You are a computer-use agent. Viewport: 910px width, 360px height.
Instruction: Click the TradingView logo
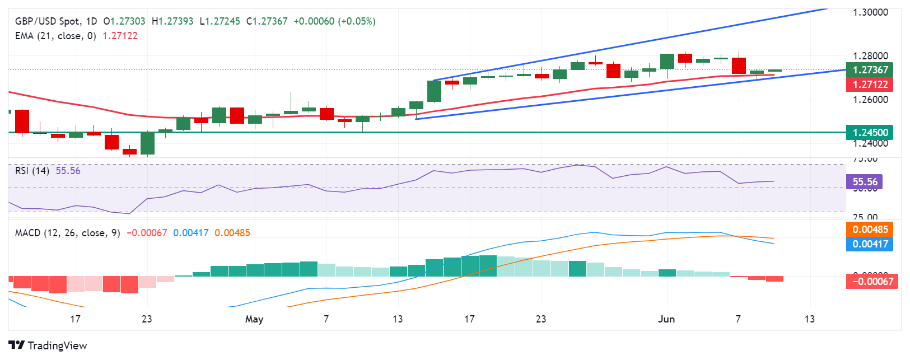pyautogui.click(x=48, y=345)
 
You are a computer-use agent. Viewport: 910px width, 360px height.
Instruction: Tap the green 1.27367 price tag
pyautogui.click(x=870, y=70)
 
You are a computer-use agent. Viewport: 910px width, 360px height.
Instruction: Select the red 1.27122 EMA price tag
pyautogui.click(x=870, y=85)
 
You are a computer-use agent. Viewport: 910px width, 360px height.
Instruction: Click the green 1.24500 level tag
pyautogui.click(x=870, y=133)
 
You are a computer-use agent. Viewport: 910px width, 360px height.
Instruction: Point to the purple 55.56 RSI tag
pyautogui.click(x=865, y=182)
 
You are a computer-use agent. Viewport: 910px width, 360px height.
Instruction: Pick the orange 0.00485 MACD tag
pyautogui.click(x=870, y=230)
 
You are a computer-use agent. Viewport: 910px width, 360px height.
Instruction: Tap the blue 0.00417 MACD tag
pyautogui.click(x=870, y=244)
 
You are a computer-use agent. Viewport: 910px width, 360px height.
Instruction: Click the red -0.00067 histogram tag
pyautogui.click(x=872, y=281)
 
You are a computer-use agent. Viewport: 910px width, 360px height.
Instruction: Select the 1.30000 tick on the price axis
pyautogui.click(x=870, y=12)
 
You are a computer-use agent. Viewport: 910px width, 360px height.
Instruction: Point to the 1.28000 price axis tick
pyautogui.click(x=870, y=56)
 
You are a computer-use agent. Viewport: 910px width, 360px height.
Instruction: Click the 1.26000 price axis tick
pyautogui.click(x=870, y=100)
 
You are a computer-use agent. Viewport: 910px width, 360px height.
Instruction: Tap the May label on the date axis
pyautogui.click(x=254, y=319)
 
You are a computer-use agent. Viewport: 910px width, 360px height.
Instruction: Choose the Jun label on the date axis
pyautogui.click(x=666, y=319)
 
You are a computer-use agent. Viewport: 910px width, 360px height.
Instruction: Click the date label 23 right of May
pyautogui.click(x=540, y=319)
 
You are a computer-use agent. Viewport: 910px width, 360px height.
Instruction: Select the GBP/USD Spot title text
pyautogui.click(x=48, y=21)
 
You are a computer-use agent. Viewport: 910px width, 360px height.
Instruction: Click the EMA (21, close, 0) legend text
pyautogui.click(x=55, y=36)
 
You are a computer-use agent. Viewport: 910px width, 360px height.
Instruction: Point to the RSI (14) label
pyautogui.click(x=32, y=171)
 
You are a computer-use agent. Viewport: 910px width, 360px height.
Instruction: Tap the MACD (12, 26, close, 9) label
pyautogui.click(x=67, y=233)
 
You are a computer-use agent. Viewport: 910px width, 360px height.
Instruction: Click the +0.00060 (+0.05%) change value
pyautogui.click(x=334, y=21)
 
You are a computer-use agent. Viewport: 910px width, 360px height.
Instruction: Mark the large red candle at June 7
pyautogui.click(x=739, y=66)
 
